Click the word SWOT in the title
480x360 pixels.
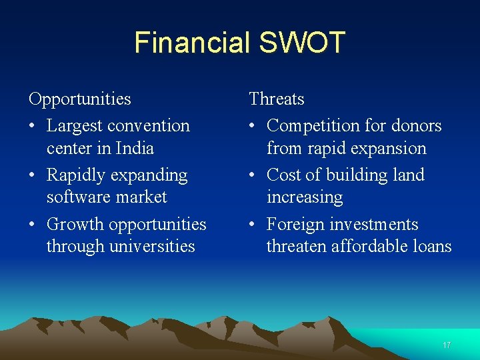pyautogui.click(x=301, y=42)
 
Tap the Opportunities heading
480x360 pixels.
pyautogui.click(x=79, y=99)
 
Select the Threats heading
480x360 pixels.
pyautogui.click(x=276, y=99)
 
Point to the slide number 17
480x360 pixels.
pyautogui.click(x=447, y=345)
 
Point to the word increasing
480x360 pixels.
pyautogui.click(x=304, y=197)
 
